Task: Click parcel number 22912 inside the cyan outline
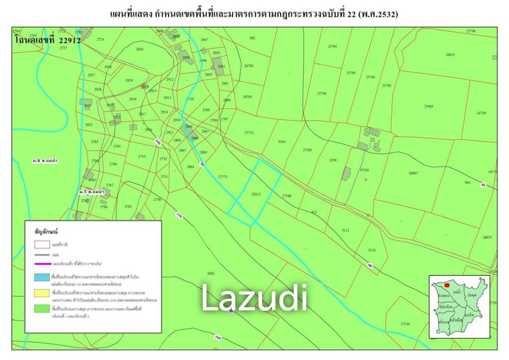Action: click(x=256, y=194)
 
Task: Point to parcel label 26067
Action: click(x=413, y=173)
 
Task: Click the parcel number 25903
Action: click(x=429, y=106)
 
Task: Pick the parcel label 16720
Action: click(x=481, y=113)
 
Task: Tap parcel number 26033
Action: click(x=450, y=55)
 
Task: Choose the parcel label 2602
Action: click(x=211, y=273)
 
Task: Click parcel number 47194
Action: click(x=364, y=170)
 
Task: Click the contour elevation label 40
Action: click(x=483, y=185)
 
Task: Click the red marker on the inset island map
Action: click(x=447, y=285)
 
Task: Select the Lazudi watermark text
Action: click(x=254, y=298)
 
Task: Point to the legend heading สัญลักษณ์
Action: click(x=47, y=232)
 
